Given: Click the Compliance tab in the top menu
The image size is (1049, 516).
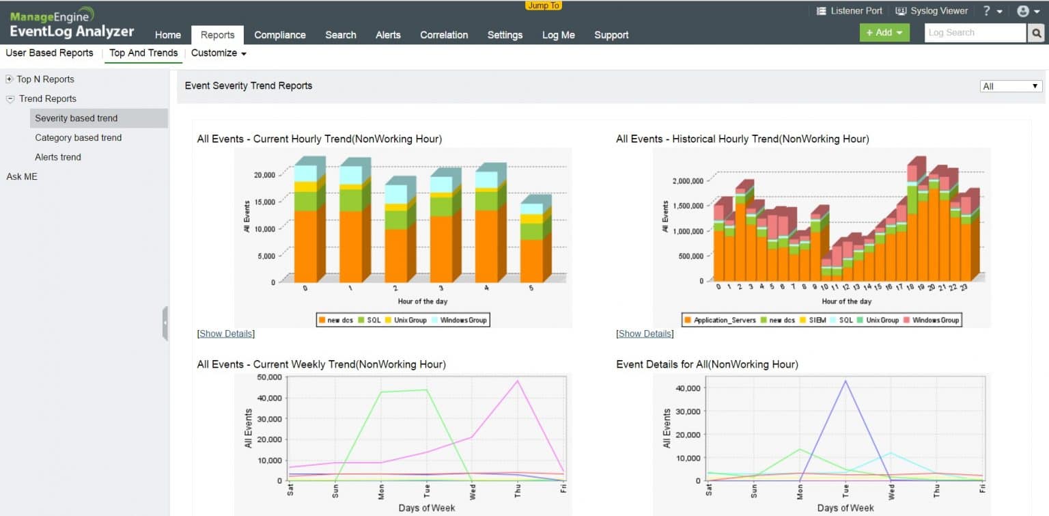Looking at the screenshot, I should click(279, 35).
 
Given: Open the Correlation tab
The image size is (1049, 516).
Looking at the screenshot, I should click(444, 35).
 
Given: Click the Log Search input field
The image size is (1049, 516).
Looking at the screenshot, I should click(975, 33).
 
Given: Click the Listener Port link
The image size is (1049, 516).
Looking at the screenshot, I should click(850, 11).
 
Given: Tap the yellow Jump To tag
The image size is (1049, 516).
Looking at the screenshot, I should click(544, 5).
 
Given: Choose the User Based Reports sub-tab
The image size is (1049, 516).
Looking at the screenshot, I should click(49, 53).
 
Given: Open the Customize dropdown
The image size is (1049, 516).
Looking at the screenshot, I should click(219, 53).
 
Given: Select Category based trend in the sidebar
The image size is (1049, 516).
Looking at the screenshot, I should click(78, 137).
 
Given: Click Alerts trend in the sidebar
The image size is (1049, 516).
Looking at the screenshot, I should click(58, 157).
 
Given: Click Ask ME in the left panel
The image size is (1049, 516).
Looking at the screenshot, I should click(22, 176).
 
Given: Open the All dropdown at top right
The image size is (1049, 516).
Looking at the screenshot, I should click(1010, 86).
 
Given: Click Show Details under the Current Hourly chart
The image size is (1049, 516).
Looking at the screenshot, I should click(225, 334).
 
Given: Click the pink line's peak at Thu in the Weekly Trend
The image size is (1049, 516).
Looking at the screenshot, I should click(518, 381).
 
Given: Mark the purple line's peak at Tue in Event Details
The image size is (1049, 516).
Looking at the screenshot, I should click(845, 381).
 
